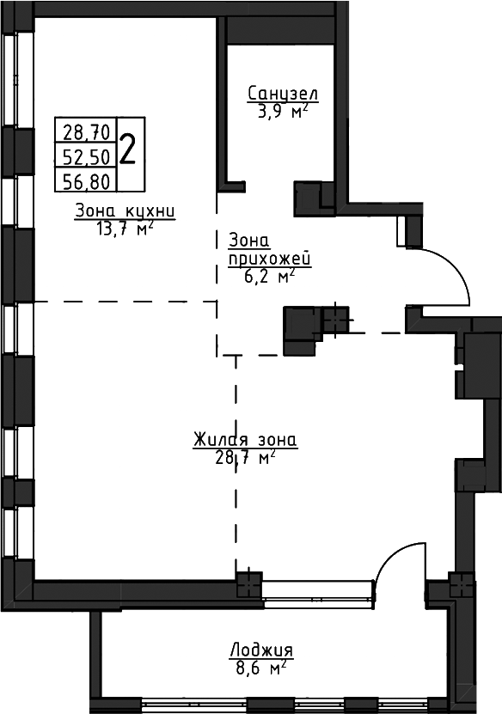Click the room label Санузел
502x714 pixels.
pos(283,94)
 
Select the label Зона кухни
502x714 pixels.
pos(125,211)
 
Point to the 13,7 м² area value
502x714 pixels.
pos(124,229)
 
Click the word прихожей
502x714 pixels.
pos(270,259)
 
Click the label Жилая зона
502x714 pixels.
pos(245,440)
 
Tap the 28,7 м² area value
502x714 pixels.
pos(245,458)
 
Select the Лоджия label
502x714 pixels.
pos(261,650)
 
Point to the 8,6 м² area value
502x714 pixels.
pos(261,668)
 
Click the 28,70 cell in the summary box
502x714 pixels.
pos(86,132)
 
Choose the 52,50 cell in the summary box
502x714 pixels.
pos(86,157)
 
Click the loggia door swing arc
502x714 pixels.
pos(392,553)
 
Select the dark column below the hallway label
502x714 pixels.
pos(300,331)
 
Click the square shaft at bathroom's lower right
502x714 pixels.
pos(307,198)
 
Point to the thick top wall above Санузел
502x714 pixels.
pos(282,31)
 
